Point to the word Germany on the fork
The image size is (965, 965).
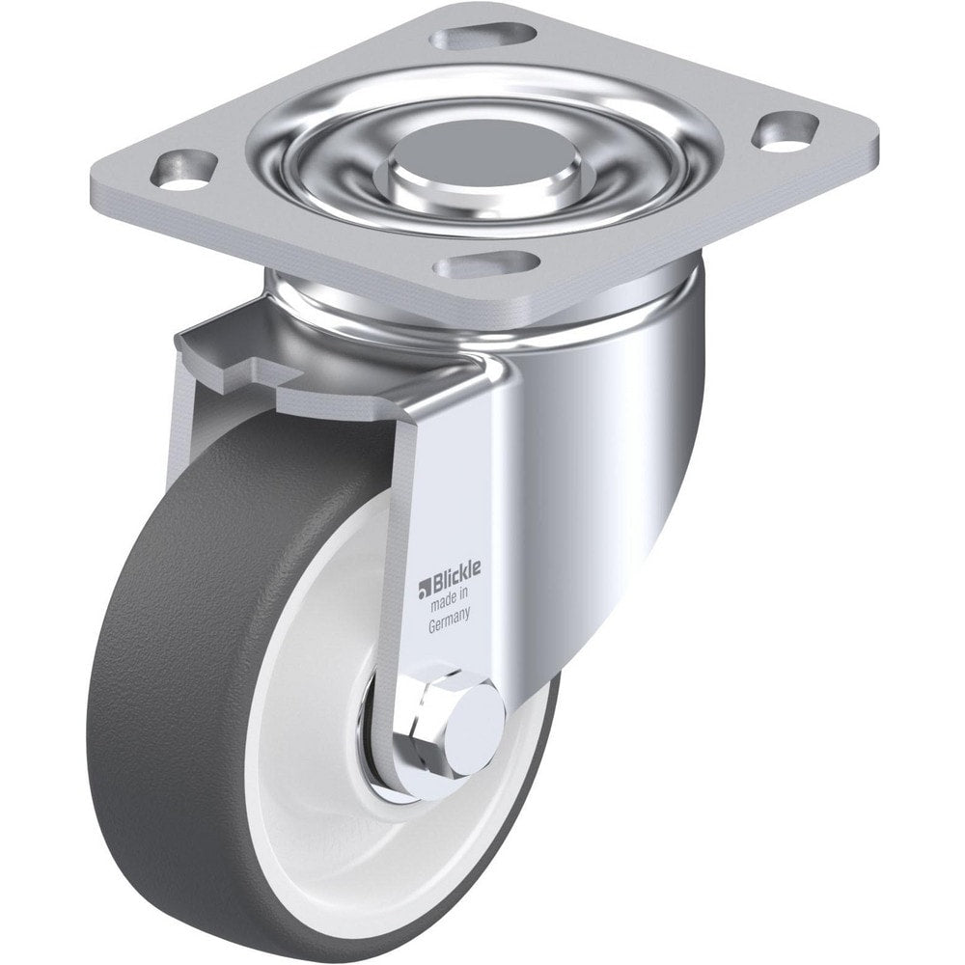tap(449, 624)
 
